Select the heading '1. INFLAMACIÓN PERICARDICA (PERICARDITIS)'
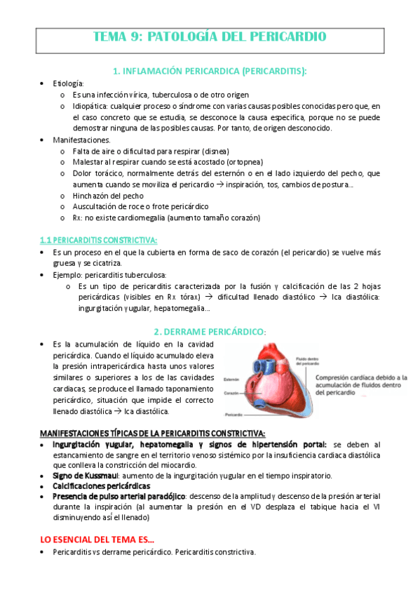[210, 71]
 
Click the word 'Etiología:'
[68, 83]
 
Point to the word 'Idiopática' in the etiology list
[91, 106]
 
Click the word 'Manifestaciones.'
[81, 140]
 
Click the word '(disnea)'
[213, 151]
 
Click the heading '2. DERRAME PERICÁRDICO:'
[210, 330]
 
